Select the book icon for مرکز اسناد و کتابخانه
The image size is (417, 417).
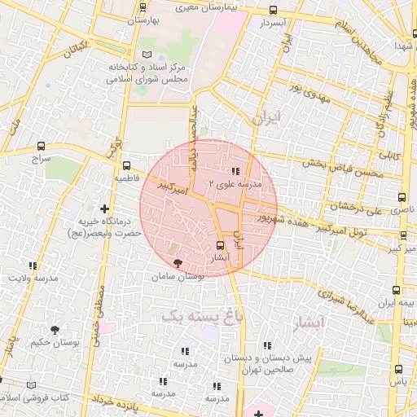(x=147, y=54)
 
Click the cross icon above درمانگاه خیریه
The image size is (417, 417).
(x=103, y=209)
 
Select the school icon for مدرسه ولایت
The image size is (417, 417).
(x=33, y=266)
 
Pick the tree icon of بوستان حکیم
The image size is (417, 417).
(x=55, y=330)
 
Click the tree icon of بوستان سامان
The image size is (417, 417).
(x=178, y=262)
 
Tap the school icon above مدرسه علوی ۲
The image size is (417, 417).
(x=235, y=172)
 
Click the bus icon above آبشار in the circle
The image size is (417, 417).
(x=219, y=244)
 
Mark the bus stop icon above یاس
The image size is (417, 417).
(x=397, y=368)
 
